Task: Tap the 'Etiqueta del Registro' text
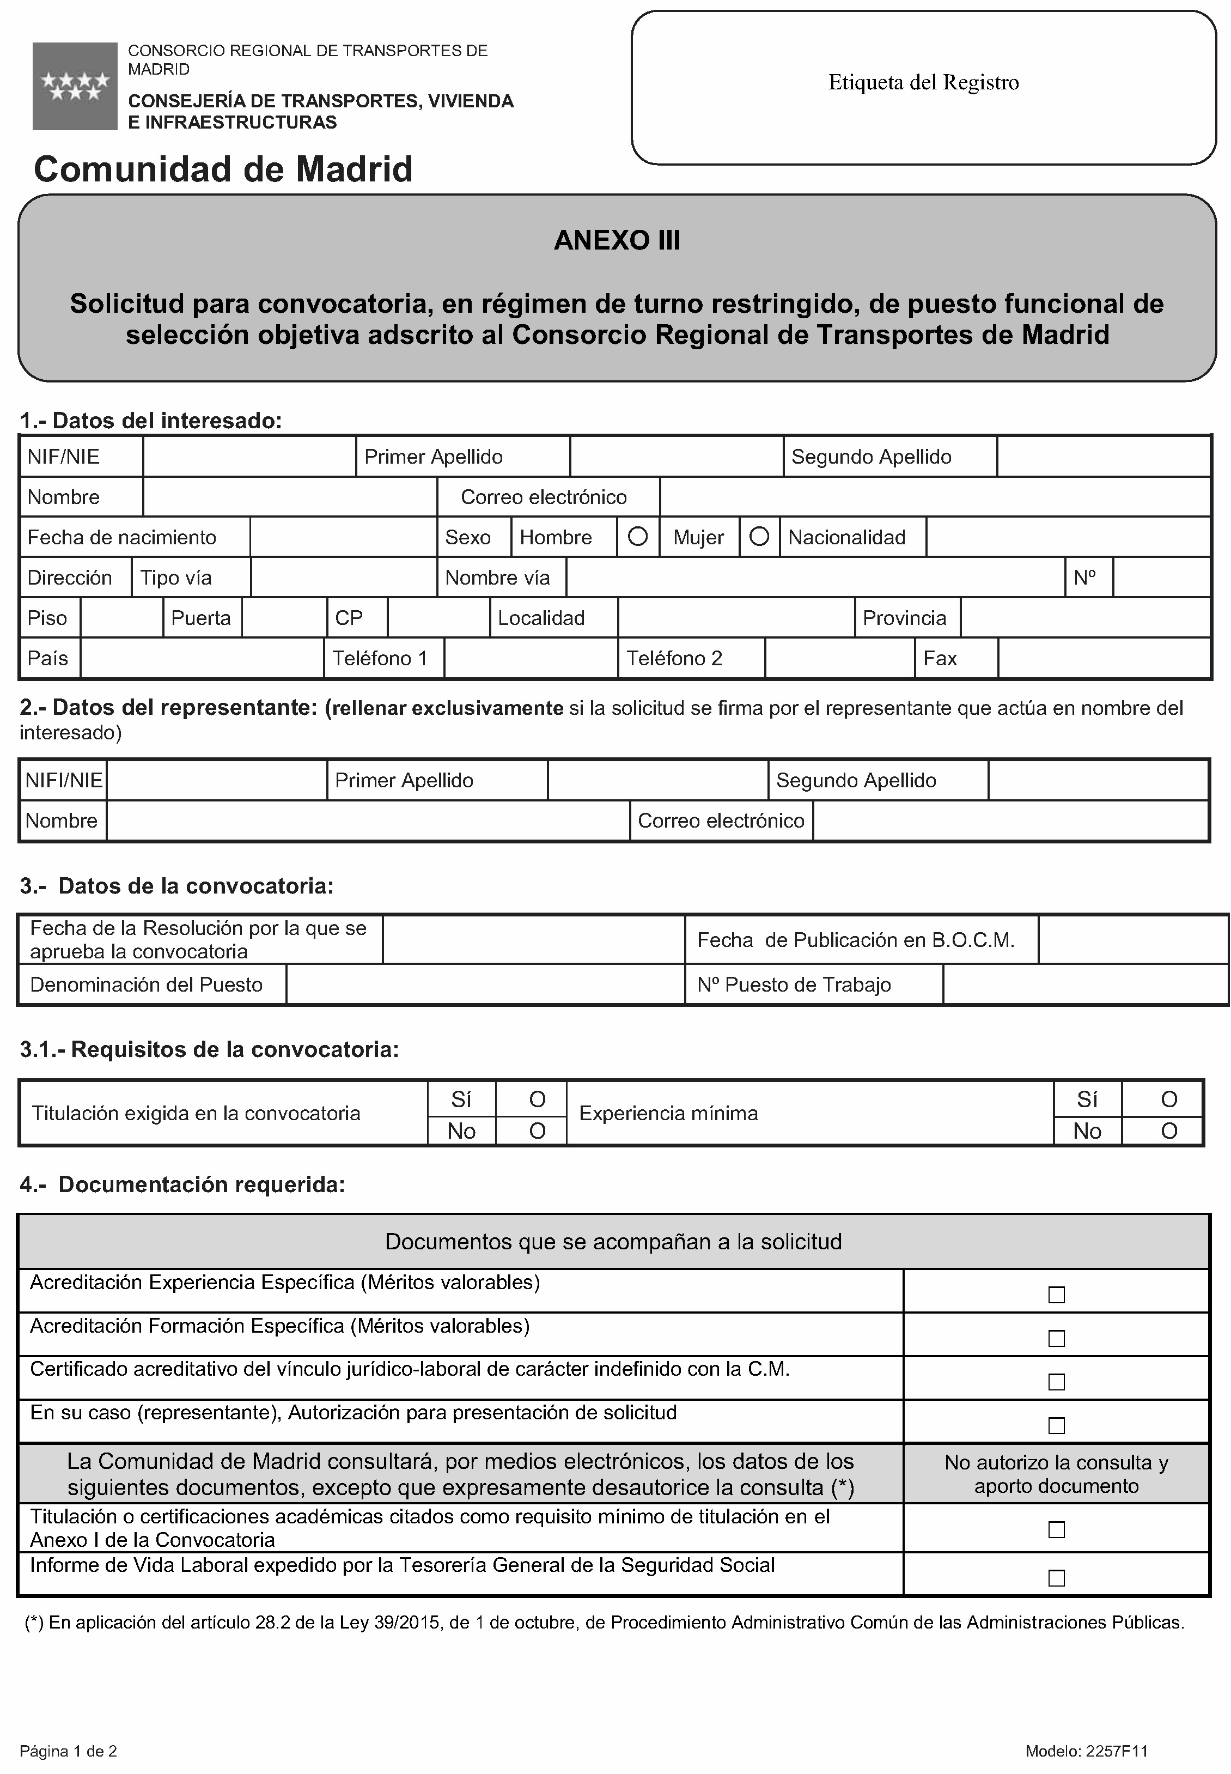923,82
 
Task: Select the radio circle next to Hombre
638,537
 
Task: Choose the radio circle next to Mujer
759,537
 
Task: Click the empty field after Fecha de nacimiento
343,537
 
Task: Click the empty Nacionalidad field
1068,537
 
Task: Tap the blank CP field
438,618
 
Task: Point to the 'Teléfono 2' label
674,658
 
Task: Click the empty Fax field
1103,658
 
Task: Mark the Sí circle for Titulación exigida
538,1099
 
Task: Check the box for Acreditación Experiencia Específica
1056,1295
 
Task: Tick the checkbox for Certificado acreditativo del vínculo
1056,1382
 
